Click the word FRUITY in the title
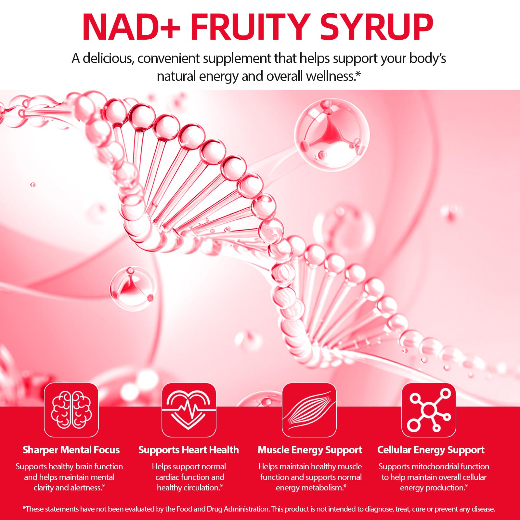(249, 27)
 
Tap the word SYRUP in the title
(377, 27)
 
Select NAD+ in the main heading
(131, 27)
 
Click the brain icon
(71, 410)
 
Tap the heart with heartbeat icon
(189, 410)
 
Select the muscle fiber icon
(309, 410)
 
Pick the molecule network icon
(429, 410)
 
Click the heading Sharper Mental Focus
(71, 450)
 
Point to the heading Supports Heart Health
(188, 450)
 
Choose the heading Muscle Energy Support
(310, 450)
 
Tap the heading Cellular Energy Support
(431, 450)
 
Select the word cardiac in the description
(167, 477)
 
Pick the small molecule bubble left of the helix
(133, 288)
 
